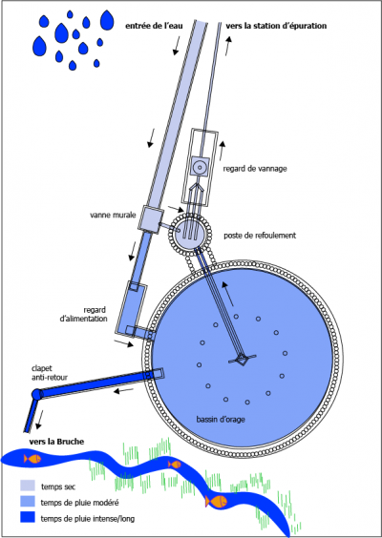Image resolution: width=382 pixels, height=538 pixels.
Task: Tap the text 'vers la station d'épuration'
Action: tap(276, 26)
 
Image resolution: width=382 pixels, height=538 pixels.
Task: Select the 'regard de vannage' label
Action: tap(255, 169)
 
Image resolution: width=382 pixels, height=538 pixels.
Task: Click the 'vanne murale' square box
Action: tap(151, 219)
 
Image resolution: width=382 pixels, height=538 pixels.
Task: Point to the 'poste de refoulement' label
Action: tap(260, 236)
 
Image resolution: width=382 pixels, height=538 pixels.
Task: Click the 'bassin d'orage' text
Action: tap(221, 420)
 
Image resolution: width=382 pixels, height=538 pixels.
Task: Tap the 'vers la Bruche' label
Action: tap(56, 442)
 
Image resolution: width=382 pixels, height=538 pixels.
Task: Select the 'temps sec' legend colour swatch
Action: tap(28, 486)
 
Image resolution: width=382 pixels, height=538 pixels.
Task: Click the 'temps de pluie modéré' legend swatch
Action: tap(28, 502)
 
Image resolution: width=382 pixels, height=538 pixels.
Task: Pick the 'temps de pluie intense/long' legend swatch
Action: tap(28, 517)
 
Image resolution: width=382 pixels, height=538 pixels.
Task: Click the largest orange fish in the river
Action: tap(216, 502)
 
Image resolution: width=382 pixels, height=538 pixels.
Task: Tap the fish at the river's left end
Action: tap(32, 459)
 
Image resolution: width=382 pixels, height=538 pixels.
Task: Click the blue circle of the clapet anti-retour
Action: tap(36, 394)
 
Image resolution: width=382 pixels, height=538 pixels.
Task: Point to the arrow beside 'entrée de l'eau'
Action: tap(177, 46)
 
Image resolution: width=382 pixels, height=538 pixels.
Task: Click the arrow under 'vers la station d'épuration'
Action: tap(228, 45)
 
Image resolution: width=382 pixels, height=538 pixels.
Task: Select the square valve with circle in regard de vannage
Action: tap(200, 167)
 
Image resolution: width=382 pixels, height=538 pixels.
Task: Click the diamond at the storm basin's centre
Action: tap(243, 360)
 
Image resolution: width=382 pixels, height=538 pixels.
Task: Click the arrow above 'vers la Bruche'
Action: tap(39, 420)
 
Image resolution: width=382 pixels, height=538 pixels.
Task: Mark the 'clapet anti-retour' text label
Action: tap(49, 373)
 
